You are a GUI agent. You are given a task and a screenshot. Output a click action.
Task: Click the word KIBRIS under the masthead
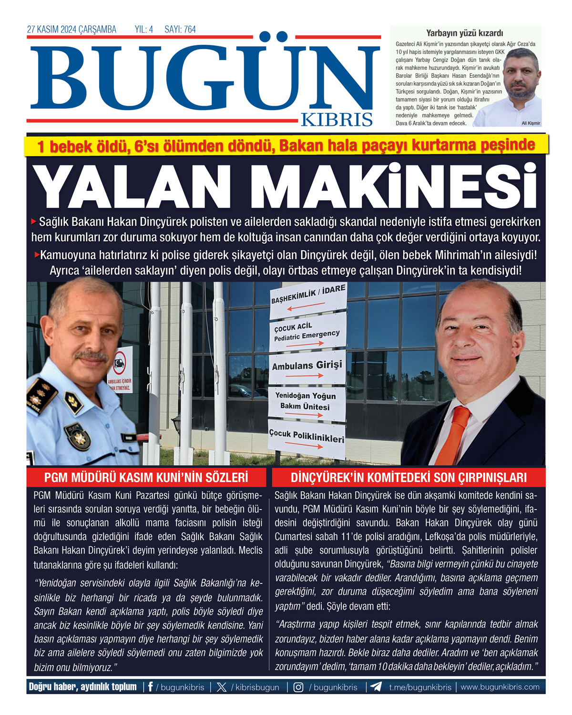click(337, 120)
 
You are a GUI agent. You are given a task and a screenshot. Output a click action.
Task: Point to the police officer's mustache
click(91, 355)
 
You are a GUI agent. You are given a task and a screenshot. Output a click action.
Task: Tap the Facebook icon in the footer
click(151, 687)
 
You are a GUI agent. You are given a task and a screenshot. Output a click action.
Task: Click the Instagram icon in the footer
click(298, 687)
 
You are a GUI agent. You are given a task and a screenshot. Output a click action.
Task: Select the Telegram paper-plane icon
click(376, 687)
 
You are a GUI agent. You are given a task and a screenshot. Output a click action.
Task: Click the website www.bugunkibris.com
click(500, 687)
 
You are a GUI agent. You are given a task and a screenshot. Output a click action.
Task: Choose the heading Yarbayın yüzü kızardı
click(464, 33)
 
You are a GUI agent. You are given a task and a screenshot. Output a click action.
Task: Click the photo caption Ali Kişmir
click(531, 123)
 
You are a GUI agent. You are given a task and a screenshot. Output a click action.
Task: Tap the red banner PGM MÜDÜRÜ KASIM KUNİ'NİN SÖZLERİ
click(146, 478)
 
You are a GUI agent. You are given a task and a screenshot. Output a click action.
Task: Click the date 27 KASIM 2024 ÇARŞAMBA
click(71, 30)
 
